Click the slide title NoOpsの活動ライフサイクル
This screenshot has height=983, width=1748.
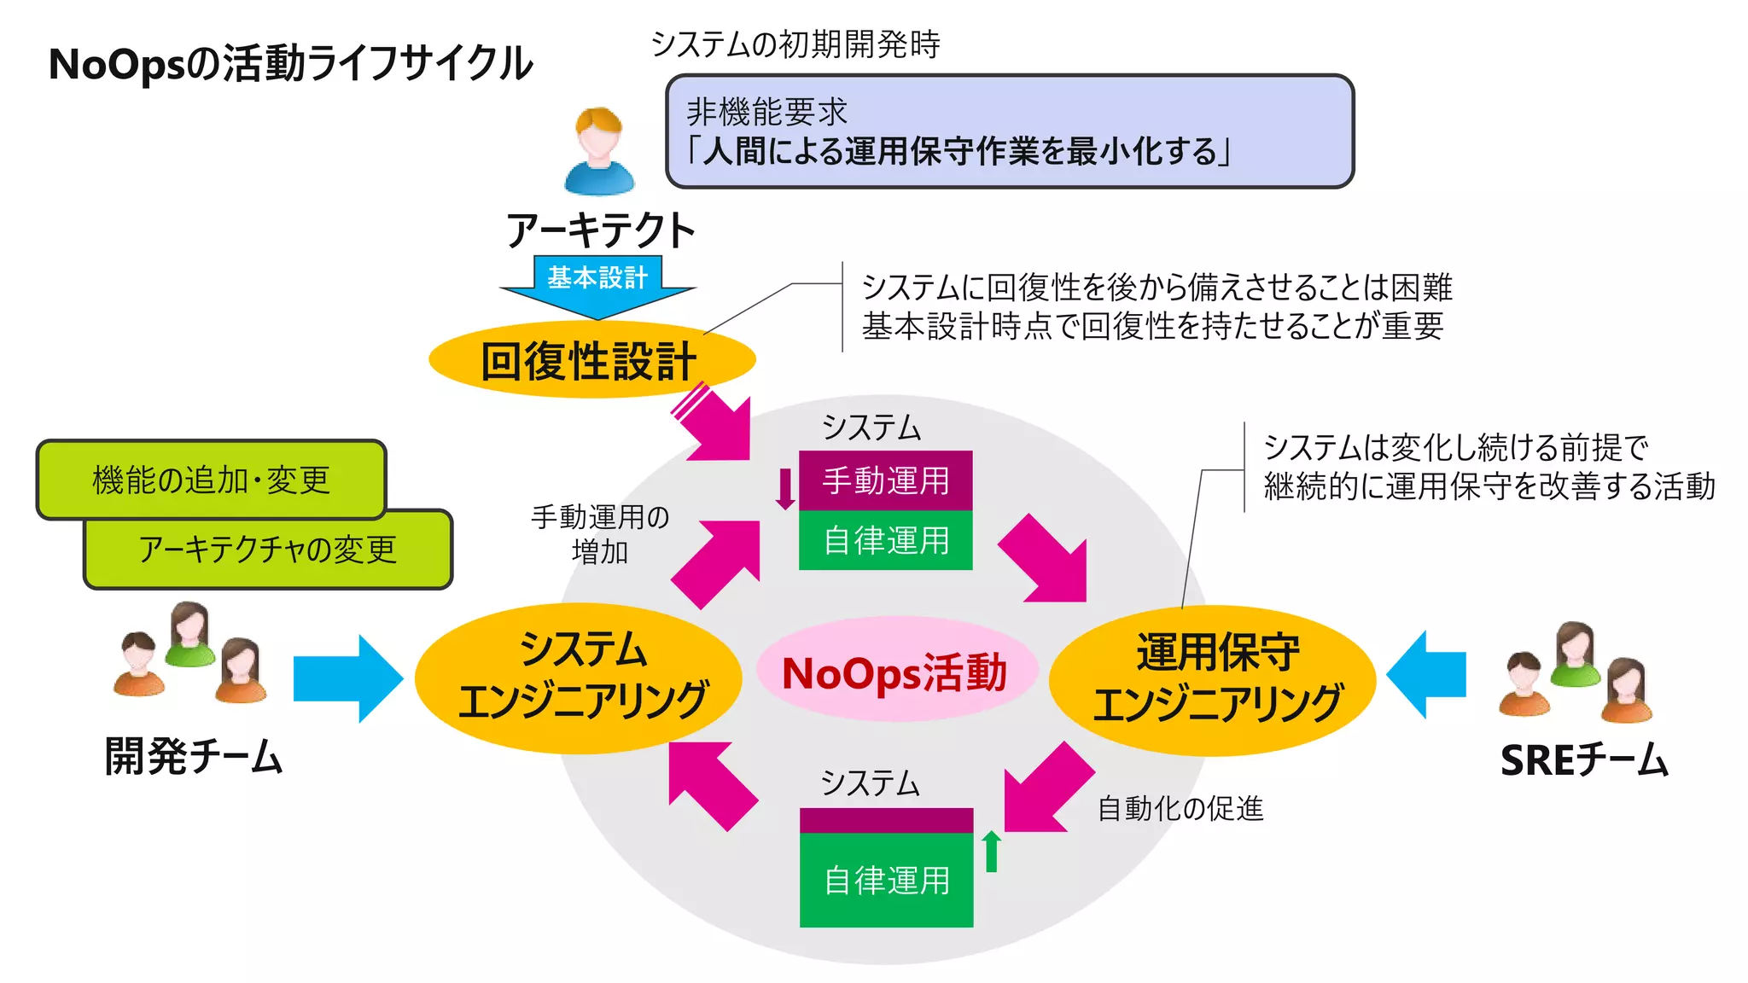click(290, 64)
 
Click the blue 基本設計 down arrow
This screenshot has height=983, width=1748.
click(597, 287)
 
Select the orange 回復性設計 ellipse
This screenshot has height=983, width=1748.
click(591, 360)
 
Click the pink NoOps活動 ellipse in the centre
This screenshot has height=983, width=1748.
click(894, 672)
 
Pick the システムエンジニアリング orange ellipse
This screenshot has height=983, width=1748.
click(580, 678)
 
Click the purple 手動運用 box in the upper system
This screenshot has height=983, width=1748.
click(885, 480)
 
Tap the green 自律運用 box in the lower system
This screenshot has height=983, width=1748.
click(886, 879)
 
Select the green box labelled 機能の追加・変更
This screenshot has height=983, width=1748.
click(211, 480)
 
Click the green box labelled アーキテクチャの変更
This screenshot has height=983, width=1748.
click(267, 550)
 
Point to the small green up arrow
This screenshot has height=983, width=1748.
click(991, 851)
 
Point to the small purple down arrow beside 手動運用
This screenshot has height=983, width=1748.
click(785, 489)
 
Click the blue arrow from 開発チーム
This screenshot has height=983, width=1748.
click(347, 678)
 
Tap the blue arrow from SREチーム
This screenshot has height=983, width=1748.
click(1426, 674)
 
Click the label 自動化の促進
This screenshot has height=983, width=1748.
click(1180, 807)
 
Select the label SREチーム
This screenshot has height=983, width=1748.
click(1583, 759)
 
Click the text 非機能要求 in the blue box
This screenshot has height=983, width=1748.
click(766, 112)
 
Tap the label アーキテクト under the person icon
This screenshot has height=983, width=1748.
click(600, 230)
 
